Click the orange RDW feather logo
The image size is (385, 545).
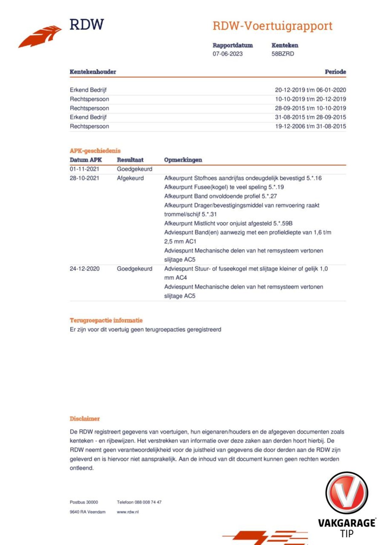pyautogui.click(x=40, y=36)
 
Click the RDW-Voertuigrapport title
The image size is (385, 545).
pyautogui.click(x=273, y=26)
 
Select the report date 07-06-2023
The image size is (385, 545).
pyautogui.click(x=227, y=54)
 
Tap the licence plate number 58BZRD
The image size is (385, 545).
pyautogui.click(x=283, y=54)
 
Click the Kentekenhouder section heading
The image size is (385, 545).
pyautogui.click(x=93, y=72)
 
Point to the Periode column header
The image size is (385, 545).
pyautogui.click(x=335, y=72)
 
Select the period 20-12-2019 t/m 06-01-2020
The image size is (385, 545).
pyautogui.click(x=310, y=90)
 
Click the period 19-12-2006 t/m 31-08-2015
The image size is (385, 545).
pyautogui.click(x=310, y=126)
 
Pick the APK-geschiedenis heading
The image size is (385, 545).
pyautogui.click(x=95, y=151)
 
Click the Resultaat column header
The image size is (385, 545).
pyautogui.click(x=130, y=160)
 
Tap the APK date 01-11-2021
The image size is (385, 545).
pyautogui.click(x=84, y=169)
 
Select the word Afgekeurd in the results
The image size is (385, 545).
pyautogui.click(x=130, y=178)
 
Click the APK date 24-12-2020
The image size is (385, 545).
pyautogui.click(x=85, y=269)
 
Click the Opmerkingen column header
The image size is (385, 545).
pyautogui.click(x=183, y=160)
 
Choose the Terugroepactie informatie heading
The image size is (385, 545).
pyautogui.click(x=106, y=320)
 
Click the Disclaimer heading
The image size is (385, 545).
pyautogui.click(x=85, y=419)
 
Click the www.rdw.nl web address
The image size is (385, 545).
pyautogui.click(x=128, y=512)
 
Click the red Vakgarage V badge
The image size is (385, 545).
pyautogui.click(x=346, y=493)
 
